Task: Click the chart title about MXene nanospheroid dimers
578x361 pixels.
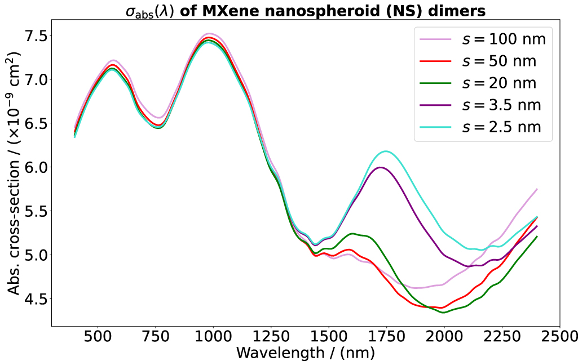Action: pos(305,10)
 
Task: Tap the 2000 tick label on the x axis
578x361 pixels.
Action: pos(444,337)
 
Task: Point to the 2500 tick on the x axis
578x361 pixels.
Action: pos(559,337)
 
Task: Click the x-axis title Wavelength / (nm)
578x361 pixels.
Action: pos(305,353)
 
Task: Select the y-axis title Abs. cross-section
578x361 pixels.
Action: pos(14,173)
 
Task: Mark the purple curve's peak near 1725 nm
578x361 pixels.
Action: pos(381,167)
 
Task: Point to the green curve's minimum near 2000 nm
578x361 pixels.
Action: pos(443,312)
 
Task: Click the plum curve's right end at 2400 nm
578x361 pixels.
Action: pos(536,189)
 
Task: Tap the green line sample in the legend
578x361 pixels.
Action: pos(435,83)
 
